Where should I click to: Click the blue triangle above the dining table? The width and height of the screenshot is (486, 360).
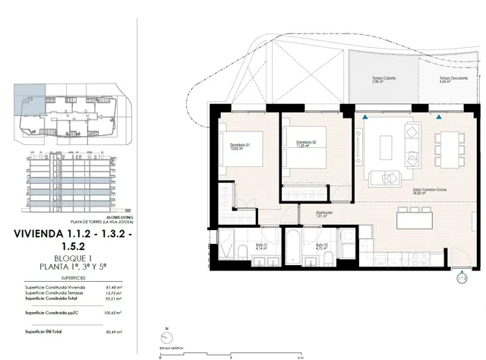[x=439, y=116]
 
